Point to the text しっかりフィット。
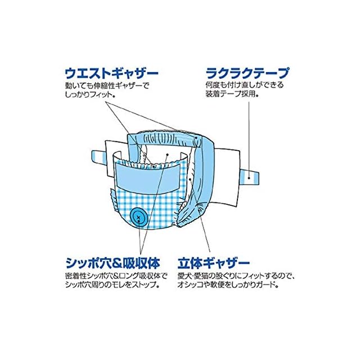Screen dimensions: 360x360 coord(91,97)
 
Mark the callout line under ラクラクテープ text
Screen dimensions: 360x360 coord(249,135)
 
